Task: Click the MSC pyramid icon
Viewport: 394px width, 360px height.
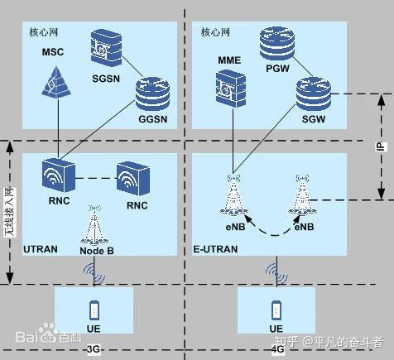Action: pyautogui.click(x=56, y=82)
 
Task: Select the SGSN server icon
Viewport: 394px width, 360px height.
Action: pyautogui.click(x=106, y=48)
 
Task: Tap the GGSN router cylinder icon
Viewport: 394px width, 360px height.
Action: pyautogui.click(x=152, y=94)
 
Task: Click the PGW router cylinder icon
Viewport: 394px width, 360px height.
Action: pyautogui.click(x=277, y=43)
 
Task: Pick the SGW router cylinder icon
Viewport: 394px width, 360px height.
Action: pyautogui.click(x=314, y=94)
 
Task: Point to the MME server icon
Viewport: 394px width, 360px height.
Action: pyautogui.click(x=231, y=89)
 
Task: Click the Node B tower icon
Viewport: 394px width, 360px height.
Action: pyautogui.click(x=94, y=225)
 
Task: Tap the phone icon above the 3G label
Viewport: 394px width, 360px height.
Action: pyautogui.click(x=94, y=310)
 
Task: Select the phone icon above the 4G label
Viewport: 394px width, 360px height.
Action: pyautogui.click(x=276, y=310)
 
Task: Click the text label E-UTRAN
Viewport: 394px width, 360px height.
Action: pyautogui.click(x=215, y=249)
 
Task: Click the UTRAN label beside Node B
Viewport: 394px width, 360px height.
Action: pyautogui.click(x=41, y=249)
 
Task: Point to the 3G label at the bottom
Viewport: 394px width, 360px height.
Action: pyautogui.click(x=94, y=349)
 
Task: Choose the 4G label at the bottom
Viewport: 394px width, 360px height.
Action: pyautogui.click(x=278, y=349)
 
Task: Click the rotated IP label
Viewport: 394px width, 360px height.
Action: pyautogui.click(x=381, y=146)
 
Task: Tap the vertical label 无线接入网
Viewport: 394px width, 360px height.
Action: pyautogui.click(x=10, y=213)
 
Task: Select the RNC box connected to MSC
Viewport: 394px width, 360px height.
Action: pyautogui.click(x=59, y=175)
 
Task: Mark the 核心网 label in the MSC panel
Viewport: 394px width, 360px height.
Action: pyautogui.click(x=44, y=32)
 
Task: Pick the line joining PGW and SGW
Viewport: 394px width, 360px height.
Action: pyautogui.click(x=302, y=67)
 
